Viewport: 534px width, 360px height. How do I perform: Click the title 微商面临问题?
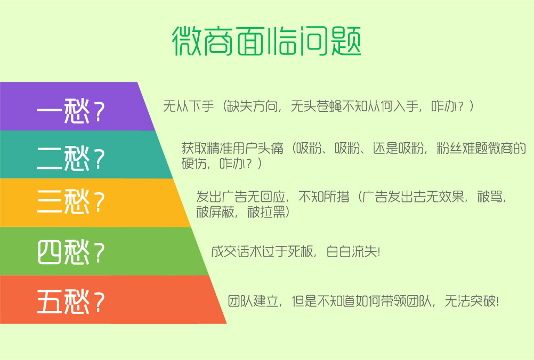pyautogui.click(x=266, y=41)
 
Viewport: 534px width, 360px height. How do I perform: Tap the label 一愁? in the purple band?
pyautogui.click(x=71, y=111)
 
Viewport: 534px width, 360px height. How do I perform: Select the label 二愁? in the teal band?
pyautogui.click(x=71, y=158)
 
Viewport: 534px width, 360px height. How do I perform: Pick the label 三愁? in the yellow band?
pyautogui.click(x=71, y=201)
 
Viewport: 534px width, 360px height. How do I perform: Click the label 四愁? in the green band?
pyautogui.click(x=71, y=252)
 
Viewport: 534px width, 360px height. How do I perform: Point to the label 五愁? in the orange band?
pyautogui.click(x=71, y=301)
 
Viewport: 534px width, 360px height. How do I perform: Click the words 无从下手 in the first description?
pyautogui.click(x=189, y=107)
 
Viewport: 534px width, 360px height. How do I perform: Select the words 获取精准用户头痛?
pyautogui.click(x=232, y=148)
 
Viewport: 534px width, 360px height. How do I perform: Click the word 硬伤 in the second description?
pyautogui.click(x=194, y=163)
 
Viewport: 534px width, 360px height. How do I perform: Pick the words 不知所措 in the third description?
pyautogui.click(x=324, y=197)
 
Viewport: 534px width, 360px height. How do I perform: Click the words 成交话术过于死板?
pyautogui.click(x=262, y=252)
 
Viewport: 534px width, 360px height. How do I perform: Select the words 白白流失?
pyautogui.click(x=353, y=252)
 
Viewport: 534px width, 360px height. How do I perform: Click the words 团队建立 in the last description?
pyautogui.click(x=253, y=301)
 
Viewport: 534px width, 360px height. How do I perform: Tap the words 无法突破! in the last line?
pyautogui.click(x=472, y=301)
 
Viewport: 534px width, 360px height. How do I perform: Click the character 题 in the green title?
pyautogui.click(x=346, y=41)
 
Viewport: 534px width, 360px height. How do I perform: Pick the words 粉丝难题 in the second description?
pyautogui.click(x=462, y=148)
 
